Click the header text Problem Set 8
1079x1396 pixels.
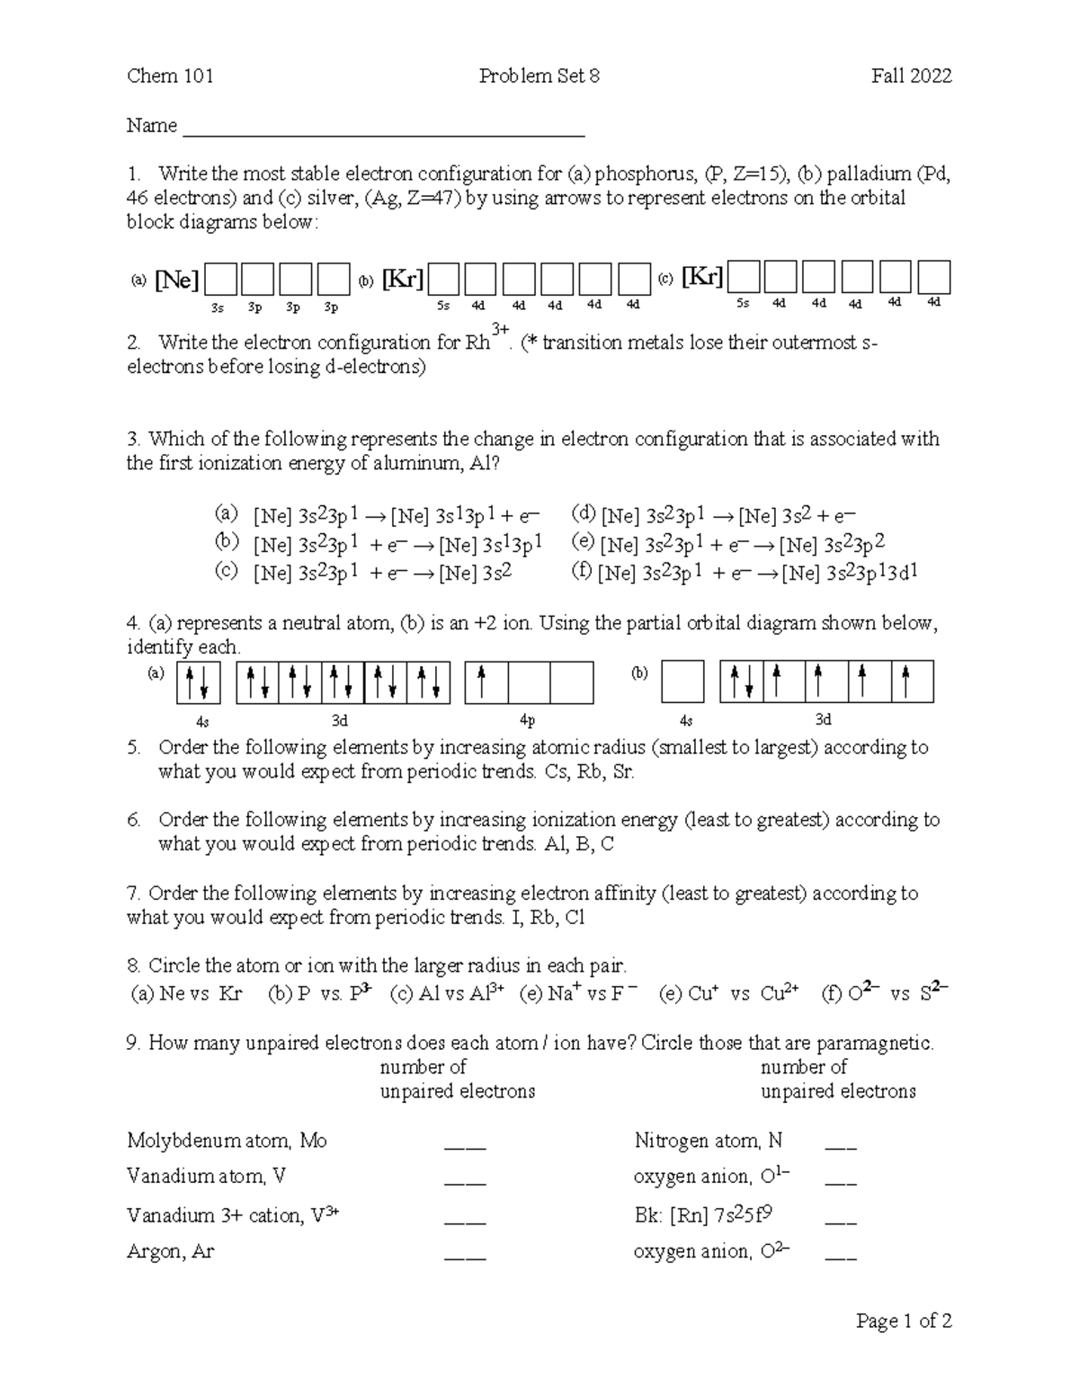coord(539,76)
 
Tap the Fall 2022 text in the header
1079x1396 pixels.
coord(911,76)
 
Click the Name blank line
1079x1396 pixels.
coord(384,133)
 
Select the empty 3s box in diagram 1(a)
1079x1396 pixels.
coord(220,280)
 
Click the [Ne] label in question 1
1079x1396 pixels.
coord(176,280)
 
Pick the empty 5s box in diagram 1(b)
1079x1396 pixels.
coord(444,280)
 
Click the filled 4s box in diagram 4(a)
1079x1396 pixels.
coord(199,682)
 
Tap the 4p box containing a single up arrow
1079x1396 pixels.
coord(486,682)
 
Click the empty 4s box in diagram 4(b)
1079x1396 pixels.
coord(682,682)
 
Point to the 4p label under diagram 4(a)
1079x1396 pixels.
coord(528,721)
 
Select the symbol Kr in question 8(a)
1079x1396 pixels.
coord(230,993)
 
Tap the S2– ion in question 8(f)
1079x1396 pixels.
coord(933,993)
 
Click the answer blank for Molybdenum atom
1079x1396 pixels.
coord(465,1147)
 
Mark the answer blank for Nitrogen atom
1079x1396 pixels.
coord(841,1147)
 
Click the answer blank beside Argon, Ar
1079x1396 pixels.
coord(465,1258)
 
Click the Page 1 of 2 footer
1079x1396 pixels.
coord(904,1321)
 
